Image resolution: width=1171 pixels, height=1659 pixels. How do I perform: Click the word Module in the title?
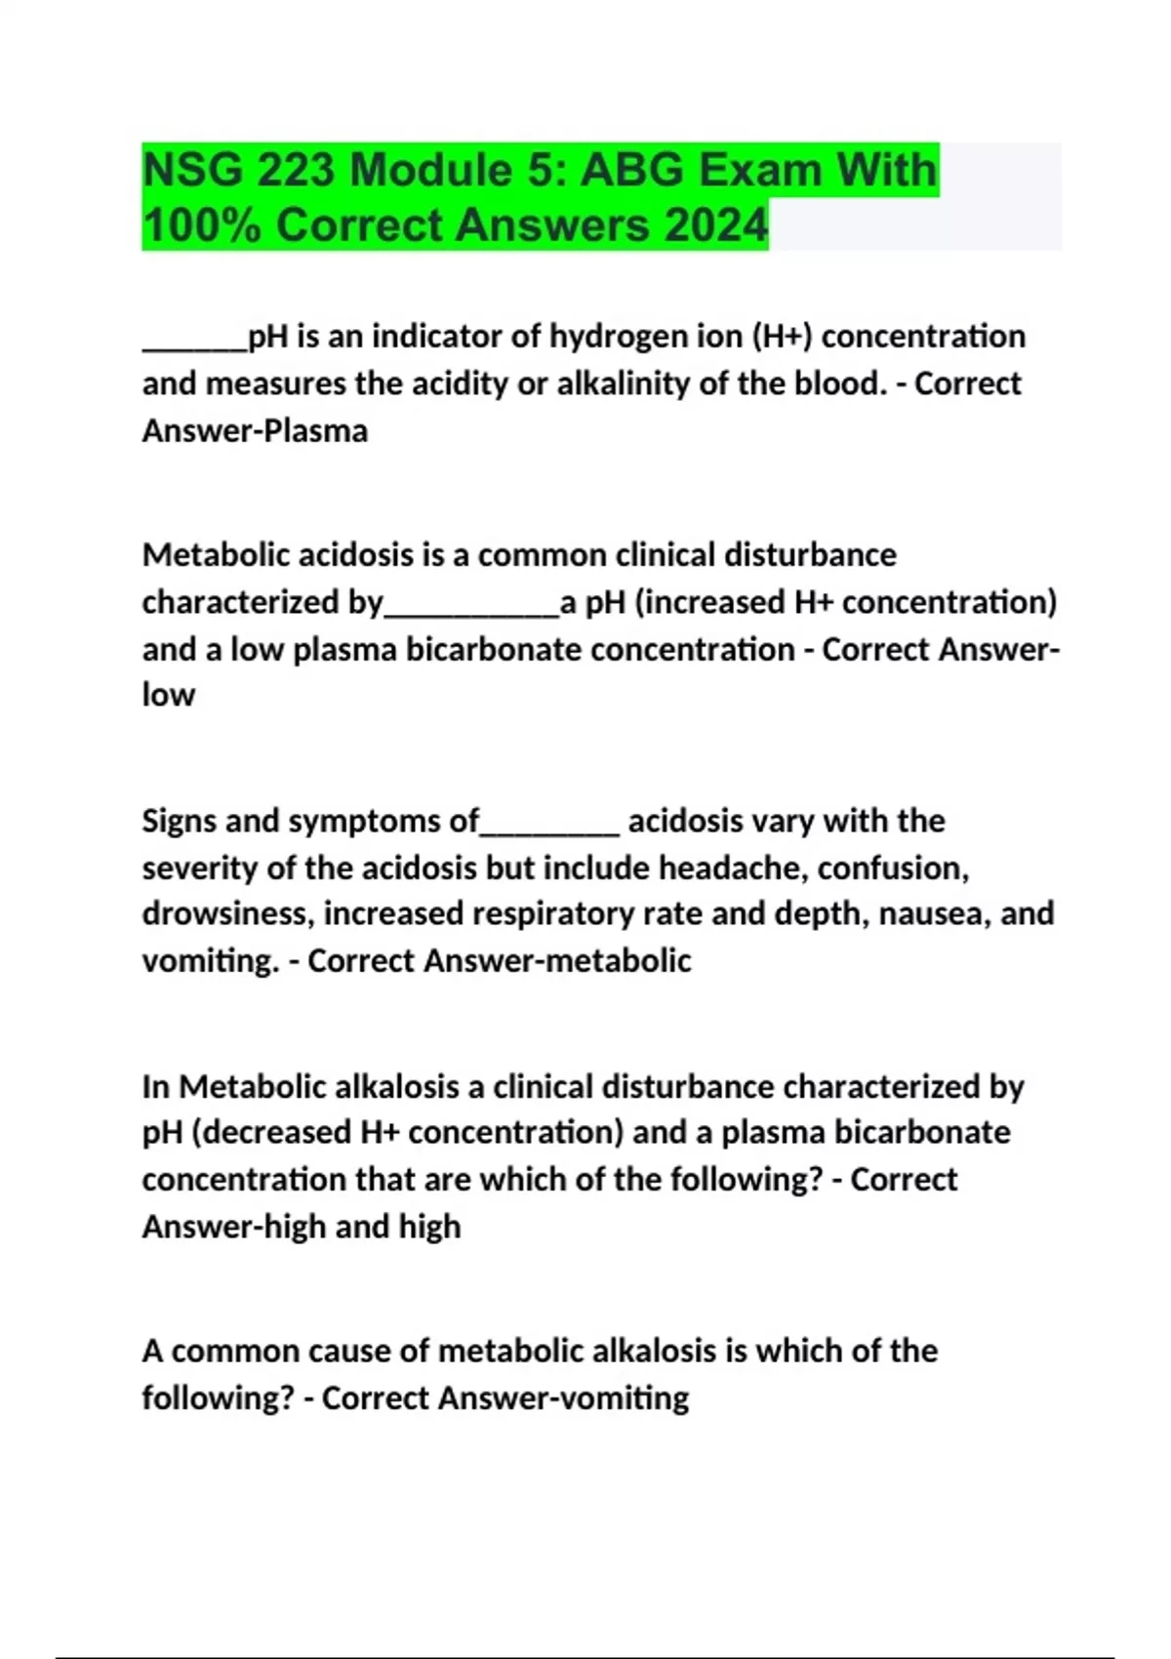[x=430, y=171]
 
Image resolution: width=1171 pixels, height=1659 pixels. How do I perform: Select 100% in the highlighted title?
[x=201, y=225]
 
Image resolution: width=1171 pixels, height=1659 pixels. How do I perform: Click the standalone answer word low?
[x=168, y=695]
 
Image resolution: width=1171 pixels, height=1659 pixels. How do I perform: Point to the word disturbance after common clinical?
[x=809, y=555]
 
